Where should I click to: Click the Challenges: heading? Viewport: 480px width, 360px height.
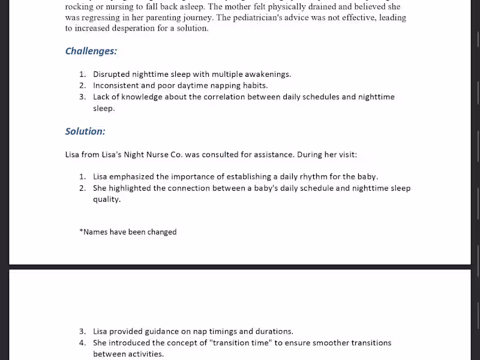(91, 51)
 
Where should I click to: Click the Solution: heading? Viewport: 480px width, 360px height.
(85, 131)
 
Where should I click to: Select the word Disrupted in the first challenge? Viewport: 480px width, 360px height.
(111, 74)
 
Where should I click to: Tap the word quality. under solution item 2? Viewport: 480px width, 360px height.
(107, 200)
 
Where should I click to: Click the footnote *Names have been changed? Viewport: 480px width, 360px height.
(128, 232)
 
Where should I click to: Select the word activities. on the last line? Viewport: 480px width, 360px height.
(143, 355)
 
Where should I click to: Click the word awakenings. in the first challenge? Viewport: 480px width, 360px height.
(268, 74)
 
